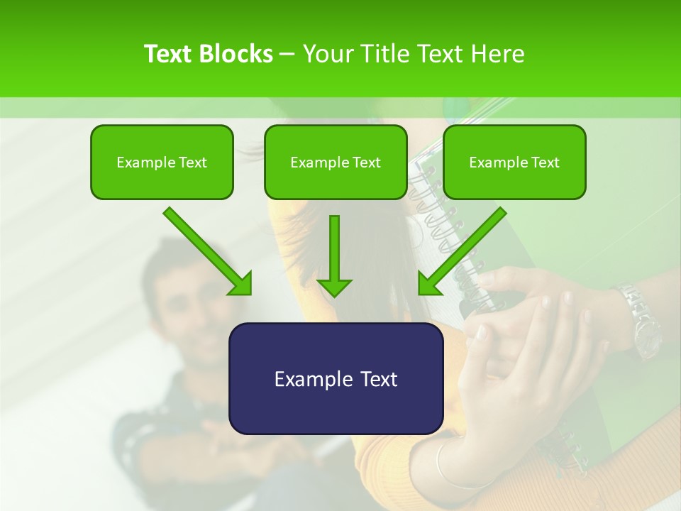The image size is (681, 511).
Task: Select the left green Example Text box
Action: click(162, 162)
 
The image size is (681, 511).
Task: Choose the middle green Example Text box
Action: click(336, 162)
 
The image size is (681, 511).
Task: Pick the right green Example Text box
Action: click(514, 162)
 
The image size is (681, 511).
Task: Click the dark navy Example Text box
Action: click(336, 378)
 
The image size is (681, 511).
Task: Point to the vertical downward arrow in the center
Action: click(334, 255)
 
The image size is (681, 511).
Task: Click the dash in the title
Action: click(287, 54)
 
